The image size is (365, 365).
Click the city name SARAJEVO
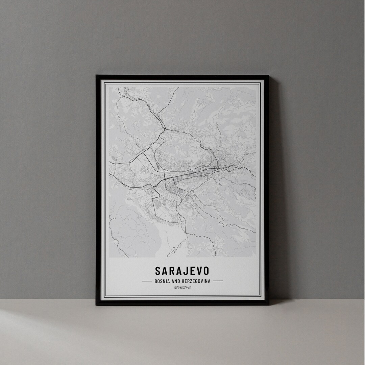coord(182,271)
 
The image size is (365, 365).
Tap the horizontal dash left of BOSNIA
coord(147,281)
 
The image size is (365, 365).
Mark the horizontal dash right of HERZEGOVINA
coord(218,281)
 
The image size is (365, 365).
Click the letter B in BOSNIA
coord(155,281)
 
